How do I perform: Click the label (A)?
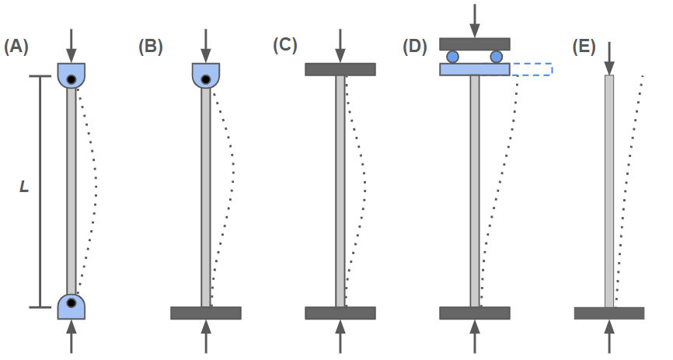16,46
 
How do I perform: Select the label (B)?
151,46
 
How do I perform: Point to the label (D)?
416,46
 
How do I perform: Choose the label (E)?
584,46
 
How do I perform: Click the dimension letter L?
24,188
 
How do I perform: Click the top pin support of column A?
71,76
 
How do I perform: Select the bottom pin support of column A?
71,305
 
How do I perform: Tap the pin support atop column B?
206,76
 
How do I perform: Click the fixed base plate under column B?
206,313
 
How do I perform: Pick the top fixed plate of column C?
340,69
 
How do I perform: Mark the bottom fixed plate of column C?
340,313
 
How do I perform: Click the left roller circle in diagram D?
453,57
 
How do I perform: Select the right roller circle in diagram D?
497,57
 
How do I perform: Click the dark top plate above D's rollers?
475,44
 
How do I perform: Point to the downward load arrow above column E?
609,54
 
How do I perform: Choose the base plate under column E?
609,313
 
